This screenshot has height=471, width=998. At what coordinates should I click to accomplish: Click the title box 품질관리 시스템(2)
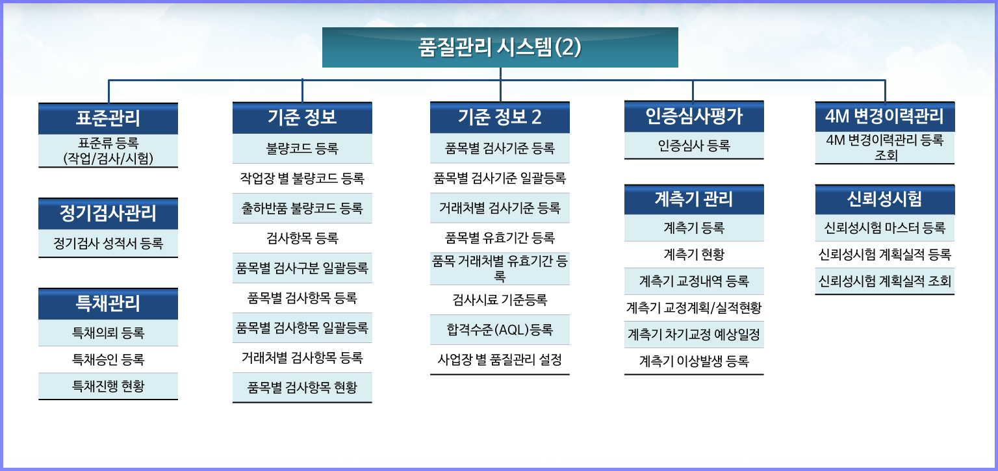point(500,47)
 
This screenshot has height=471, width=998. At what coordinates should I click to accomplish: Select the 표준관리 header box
point(109,118)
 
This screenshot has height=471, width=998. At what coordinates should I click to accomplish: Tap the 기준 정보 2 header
point(500,117)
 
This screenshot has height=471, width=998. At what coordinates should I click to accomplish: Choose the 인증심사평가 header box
point(694,116)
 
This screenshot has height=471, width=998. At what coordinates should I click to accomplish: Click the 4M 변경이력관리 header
point(885,117)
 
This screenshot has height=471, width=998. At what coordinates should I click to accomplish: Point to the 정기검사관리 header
point(109,214)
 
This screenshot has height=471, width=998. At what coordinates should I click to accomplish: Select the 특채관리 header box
point(109,304)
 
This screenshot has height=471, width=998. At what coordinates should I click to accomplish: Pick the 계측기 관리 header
point(694,199)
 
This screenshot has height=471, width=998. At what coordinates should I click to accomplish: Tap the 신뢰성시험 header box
point(885,199)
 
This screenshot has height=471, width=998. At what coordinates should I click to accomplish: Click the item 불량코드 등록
point(302,148)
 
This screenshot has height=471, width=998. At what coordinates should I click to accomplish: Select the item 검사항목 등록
point(302,238)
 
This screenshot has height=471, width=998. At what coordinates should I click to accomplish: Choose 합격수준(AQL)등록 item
point(500,330)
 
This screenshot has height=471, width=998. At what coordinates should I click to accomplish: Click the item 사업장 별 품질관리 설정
point(500,360)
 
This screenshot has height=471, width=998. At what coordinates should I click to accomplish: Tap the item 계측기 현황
point(694,255)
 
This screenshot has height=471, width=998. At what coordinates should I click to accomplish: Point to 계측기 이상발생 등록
point(694,361)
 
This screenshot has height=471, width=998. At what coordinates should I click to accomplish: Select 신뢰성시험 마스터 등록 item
point(885,228)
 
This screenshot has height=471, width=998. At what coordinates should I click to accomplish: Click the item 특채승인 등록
point(109,360)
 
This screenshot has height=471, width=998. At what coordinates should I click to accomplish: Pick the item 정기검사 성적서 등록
point(109,244)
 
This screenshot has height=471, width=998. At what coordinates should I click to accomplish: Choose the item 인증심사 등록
point(694,146)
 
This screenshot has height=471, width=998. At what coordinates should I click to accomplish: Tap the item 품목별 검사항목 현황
point(302,387)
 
